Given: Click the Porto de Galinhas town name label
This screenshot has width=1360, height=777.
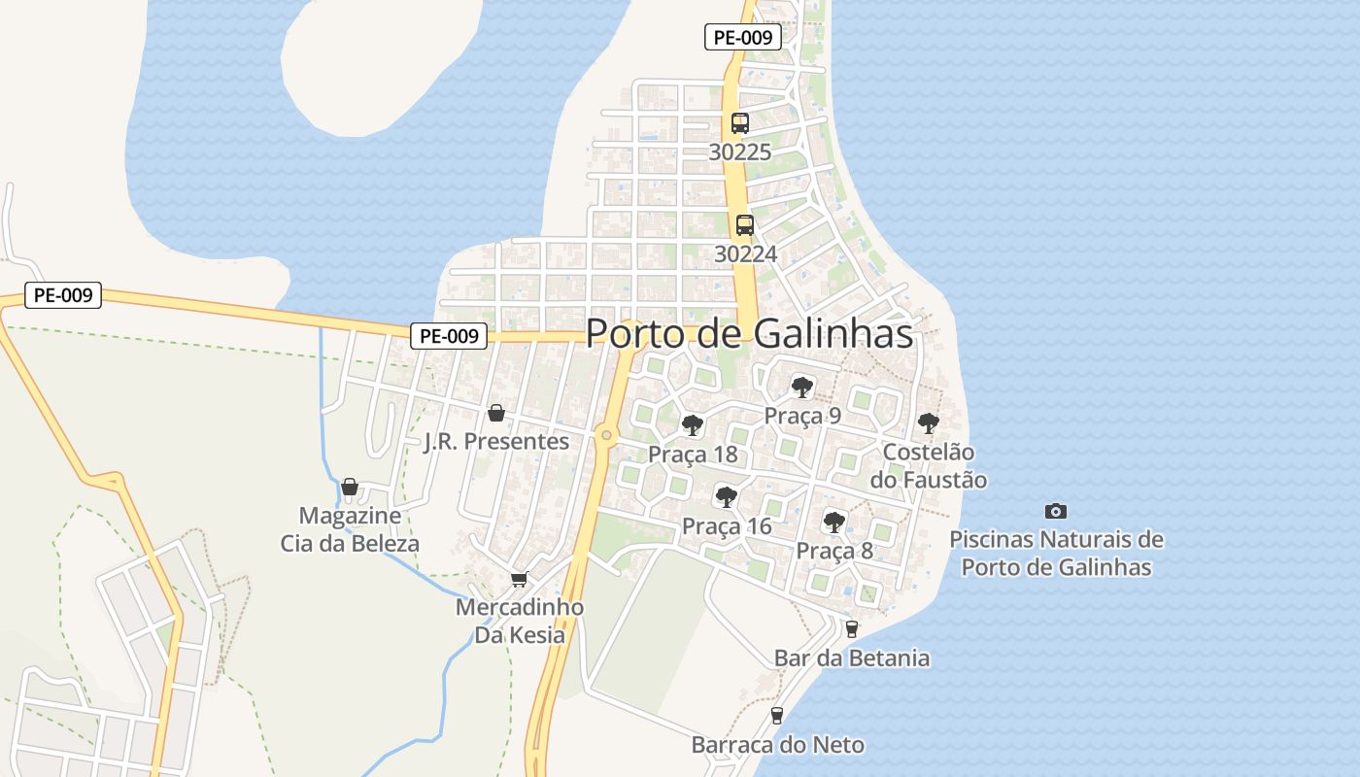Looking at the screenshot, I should (x=749, y=334).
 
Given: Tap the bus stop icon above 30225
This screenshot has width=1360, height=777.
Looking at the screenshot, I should (x=740, y=123).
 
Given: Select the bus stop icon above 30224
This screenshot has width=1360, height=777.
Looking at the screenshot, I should (x=744, y=225).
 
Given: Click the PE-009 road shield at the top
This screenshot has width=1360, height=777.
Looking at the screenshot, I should (x=743, y=38).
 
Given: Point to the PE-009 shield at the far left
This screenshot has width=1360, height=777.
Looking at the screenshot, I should (x=63, y=295).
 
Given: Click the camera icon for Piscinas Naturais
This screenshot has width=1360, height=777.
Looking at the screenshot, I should (x=1056, y=511).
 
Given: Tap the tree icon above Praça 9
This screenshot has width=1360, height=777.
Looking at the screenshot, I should (x=801, y=387).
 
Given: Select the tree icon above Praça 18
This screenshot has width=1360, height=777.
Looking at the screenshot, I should (x=692, y=424).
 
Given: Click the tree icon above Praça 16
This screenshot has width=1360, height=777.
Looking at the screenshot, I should (x=726, y=497).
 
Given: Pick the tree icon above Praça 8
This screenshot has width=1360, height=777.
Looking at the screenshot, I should (x=833, y=522).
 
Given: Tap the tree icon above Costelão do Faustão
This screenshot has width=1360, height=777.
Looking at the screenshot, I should (x=928, y=422).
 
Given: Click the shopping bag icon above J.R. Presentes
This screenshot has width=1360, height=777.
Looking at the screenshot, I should (x=496, y=413).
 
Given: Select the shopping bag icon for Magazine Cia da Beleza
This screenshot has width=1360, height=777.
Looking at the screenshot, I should (x=350, y=487).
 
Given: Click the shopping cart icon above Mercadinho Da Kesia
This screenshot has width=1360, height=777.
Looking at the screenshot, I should (x=519, y=579).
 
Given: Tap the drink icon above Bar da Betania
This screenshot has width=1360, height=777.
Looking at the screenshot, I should (x=852, y=629).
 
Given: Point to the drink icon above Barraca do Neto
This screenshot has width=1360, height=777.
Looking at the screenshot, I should (x=776, y=716).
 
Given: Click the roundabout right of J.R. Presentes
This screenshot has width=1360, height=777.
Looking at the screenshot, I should (x=607, y=435).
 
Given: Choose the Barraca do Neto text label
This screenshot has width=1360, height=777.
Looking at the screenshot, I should (x=777, y=745).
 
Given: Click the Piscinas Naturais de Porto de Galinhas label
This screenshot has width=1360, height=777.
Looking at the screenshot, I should (x=1056, y=553).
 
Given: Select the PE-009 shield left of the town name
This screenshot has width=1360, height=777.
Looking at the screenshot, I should (x=448, y=336).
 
